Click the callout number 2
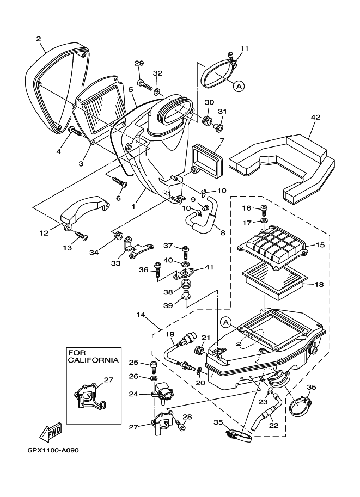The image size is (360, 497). click(x=39, y=39)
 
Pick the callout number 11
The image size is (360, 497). click(x=243, y=48)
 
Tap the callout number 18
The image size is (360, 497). click(x=319, y=284)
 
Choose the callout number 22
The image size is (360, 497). click(x=273, y=426)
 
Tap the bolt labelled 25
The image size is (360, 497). click(x=153, y=364)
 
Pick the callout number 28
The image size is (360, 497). click(x=187, y=417)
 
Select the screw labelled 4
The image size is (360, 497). click(x=75, y=131)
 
